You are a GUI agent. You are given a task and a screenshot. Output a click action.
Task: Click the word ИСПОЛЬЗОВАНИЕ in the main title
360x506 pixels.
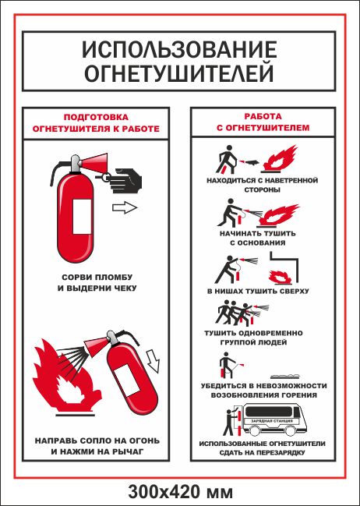point(179,50)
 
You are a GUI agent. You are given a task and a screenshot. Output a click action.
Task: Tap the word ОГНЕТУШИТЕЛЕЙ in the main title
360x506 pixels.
point(178,73)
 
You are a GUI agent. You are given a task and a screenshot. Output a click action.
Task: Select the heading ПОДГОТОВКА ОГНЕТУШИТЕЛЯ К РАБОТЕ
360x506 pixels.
point(96,123)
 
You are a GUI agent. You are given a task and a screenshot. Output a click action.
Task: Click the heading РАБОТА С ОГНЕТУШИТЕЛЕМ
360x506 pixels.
point(263,122)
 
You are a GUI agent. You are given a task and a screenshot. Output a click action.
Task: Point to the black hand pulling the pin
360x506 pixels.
point(125,180)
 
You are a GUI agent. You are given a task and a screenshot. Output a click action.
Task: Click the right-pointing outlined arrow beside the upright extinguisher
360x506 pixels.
point(125,207)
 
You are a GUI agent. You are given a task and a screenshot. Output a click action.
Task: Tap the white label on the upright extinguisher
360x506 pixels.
point(82,217)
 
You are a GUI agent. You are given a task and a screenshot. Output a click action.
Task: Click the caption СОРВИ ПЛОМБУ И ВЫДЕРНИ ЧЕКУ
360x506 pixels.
point(97,283)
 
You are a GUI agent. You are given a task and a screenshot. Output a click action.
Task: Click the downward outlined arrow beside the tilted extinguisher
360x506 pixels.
point(154,360)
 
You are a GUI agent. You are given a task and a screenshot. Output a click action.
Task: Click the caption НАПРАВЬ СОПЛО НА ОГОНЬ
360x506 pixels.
point(97,441)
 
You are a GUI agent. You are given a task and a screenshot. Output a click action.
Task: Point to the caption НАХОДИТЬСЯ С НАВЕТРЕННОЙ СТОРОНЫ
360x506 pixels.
point(263,185)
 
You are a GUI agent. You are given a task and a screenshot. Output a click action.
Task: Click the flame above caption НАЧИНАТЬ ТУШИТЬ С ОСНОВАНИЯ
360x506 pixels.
point(279,215)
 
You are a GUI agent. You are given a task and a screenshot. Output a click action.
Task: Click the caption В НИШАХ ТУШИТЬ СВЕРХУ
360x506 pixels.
point(258,291)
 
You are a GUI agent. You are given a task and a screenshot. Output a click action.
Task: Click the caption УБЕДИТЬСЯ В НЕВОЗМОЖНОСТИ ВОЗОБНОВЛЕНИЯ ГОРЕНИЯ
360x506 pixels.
point(264,391)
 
